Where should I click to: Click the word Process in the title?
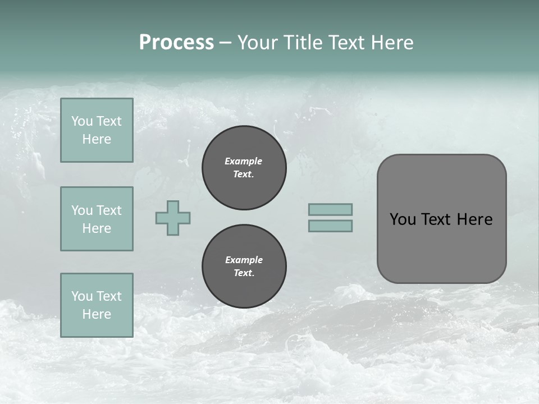coord(176,43)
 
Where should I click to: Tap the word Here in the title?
coord(390,43)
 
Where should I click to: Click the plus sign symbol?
coord(173,218)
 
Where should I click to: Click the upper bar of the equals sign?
coord(330,209)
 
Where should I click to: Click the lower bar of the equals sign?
coord(330,226)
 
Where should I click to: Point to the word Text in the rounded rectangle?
coord(436,219)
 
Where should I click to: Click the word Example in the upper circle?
coord(244,161)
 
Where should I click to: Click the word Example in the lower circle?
coord(244,260)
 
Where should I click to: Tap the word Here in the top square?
coord(97,139)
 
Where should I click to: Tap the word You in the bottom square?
coord(82,296)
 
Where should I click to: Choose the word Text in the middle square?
coord(108,210)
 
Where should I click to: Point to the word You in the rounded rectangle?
coord(403,219)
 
